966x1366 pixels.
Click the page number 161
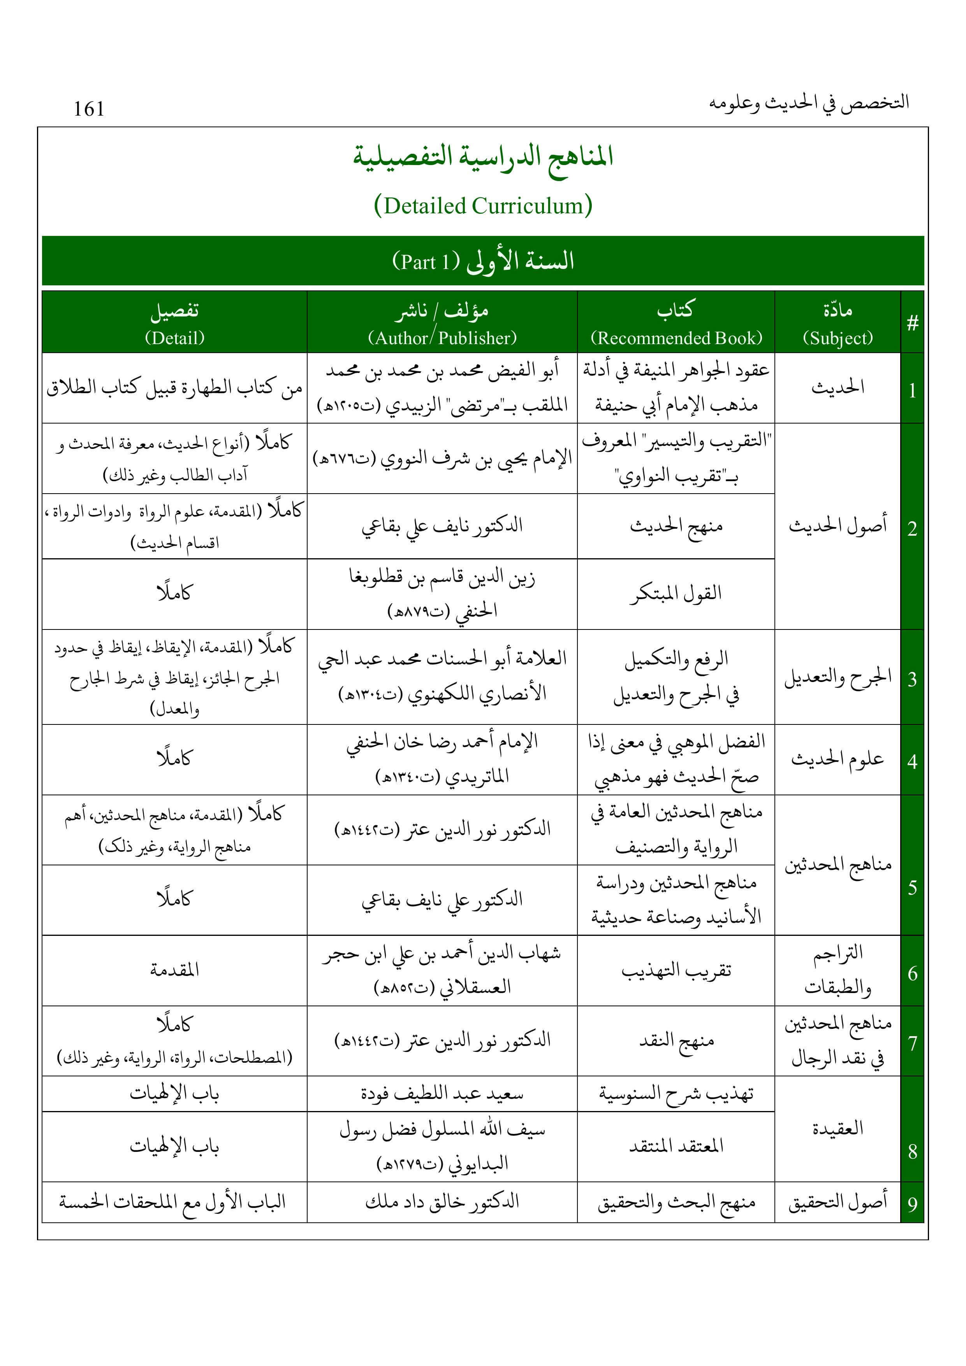(89, 109)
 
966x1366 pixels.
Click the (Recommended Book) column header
(676, 338)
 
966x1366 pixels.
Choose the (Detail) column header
(174, 338)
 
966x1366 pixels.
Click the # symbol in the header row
(912, 323)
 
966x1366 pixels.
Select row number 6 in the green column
(912, 973)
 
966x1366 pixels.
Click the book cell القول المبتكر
(676, 593)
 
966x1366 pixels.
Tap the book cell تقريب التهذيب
(676, 971)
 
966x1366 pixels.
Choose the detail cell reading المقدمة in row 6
(174, 970)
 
